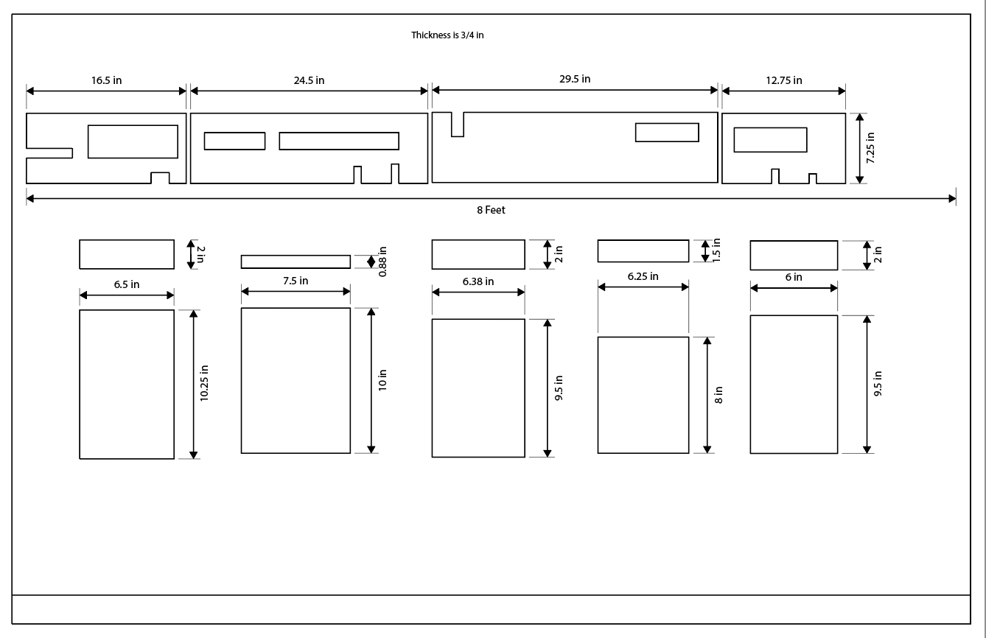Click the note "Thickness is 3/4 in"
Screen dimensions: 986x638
447,35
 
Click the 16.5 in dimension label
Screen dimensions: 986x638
106,80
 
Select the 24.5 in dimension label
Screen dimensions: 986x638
309,80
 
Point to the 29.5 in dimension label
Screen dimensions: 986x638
575,79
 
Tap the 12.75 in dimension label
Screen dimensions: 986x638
783,80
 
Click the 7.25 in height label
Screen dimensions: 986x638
870,147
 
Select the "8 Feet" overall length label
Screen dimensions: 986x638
491,210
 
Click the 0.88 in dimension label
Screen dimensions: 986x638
382,262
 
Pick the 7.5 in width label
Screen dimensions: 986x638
296,281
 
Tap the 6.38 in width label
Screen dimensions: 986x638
478,281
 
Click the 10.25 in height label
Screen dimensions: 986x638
204,383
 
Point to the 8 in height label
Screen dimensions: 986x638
718,395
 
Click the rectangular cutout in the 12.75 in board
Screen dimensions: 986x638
770,140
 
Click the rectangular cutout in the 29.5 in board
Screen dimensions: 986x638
667,133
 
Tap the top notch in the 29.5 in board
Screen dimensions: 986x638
457,124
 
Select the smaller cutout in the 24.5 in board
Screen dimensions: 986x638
234,141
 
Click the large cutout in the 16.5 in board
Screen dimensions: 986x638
133,141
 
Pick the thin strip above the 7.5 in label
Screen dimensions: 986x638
296,262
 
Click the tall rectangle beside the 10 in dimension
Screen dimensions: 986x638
296,380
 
